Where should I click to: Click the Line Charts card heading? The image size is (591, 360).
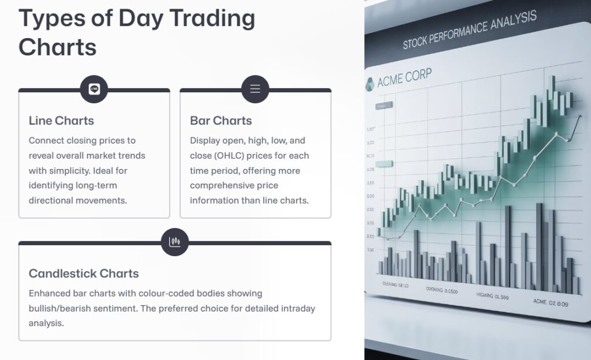[61, 121]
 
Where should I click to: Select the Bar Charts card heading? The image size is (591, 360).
[221, 121]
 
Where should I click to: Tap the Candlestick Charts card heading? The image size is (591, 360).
[84, 273]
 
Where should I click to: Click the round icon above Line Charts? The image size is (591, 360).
[94, 89]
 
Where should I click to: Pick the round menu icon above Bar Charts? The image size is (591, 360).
[255, 89]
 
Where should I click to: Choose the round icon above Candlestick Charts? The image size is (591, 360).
[175, 242]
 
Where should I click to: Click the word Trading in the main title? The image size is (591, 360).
[186, 18]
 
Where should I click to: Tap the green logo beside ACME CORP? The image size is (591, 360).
[369, 84]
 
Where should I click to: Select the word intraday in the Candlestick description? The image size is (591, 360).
[297, 308]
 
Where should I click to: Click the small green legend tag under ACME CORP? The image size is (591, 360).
[383, 106]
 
